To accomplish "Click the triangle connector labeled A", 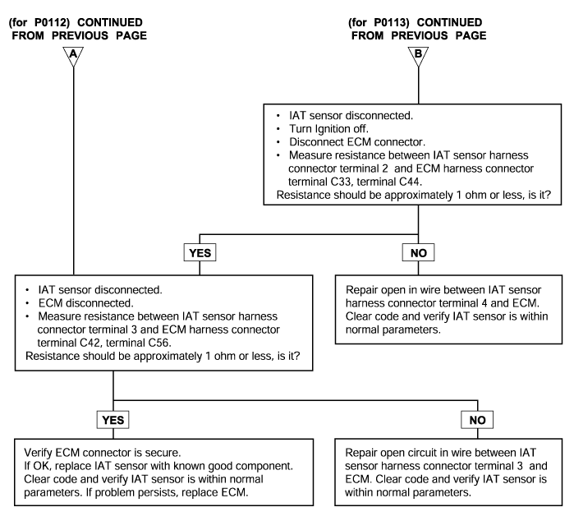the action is tap(73, 56).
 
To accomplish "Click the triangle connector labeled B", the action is tap(418, 56).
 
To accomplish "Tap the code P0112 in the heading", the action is tap(52, 23).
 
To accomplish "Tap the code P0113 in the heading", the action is tap(392, 23).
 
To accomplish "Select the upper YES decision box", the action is tap(200, 252).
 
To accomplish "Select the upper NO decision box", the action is tap(418, 252).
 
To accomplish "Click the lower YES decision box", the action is tap(113, 420).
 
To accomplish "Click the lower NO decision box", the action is tap(477, 420).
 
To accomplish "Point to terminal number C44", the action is tap(410, 182).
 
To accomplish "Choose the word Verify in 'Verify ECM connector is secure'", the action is tap(38, 453).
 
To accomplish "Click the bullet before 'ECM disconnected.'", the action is tap(27, 303).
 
